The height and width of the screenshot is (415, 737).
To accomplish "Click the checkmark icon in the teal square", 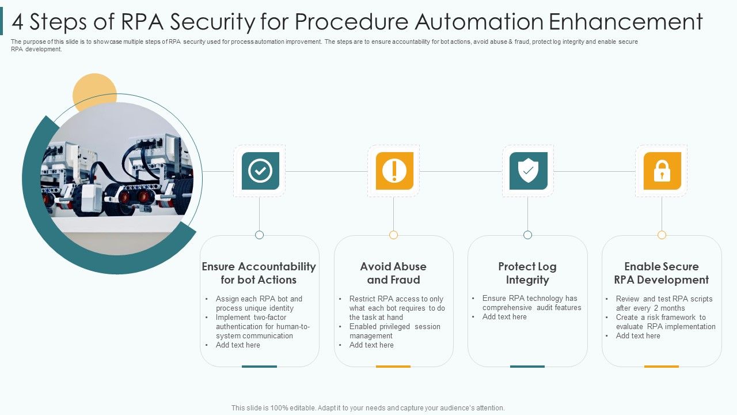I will pyautogui.click(x=260, y=171).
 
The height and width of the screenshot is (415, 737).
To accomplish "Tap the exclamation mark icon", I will pyautogui.click(x=394, y=171).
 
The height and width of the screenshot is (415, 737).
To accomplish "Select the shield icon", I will pyautogui.click(x=528, y=171).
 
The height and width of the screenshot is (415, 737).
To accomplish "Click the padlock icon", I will pyautogui.click(x=662, y=171).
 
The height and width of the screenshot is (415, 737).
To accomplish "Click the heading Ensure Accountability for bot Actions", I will pyautogui.click(x=259, y=273).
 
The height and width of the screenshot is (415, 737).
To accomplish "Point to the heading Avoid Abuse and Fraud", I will pyautogui.click(x=393, y=273).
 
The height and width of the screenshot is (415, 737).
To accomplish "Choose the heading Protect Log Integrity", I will pyautogui.click(x=527, y=273).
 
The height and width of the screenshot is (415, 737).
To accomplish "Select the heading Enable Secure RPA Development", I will pyautogui.click(x=661, y=273).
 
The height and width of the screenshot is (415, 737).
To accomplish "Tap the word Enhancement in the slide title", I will pyautogui.click(x=625, y=22).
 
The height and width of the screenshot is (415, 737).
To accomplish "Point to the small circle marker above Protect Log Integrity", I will pyautogui.click(x=527, y=235).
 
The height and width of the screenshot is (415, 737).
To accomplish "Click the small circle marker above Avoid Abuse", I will pyautogui.click(x=393, y=235).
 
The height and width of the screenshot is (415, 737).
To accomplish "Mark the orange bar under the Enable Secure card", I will pyautogui.click(x=661, y=366).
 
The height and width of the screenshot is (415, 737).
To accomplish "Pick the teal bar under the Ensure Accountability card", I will pyautogui.click(x=259, y=366).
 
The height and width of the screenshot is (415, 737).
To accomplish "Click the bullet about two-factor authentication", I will pyautogui.click(x=263, y=326).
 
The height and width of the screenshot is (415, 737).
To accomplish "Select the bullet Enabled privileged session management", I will pyautogui.click(x=394, y=331).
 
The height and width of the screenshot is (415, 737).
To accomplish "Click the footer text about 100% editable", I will pyautogui.click(x=368, y=408).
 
